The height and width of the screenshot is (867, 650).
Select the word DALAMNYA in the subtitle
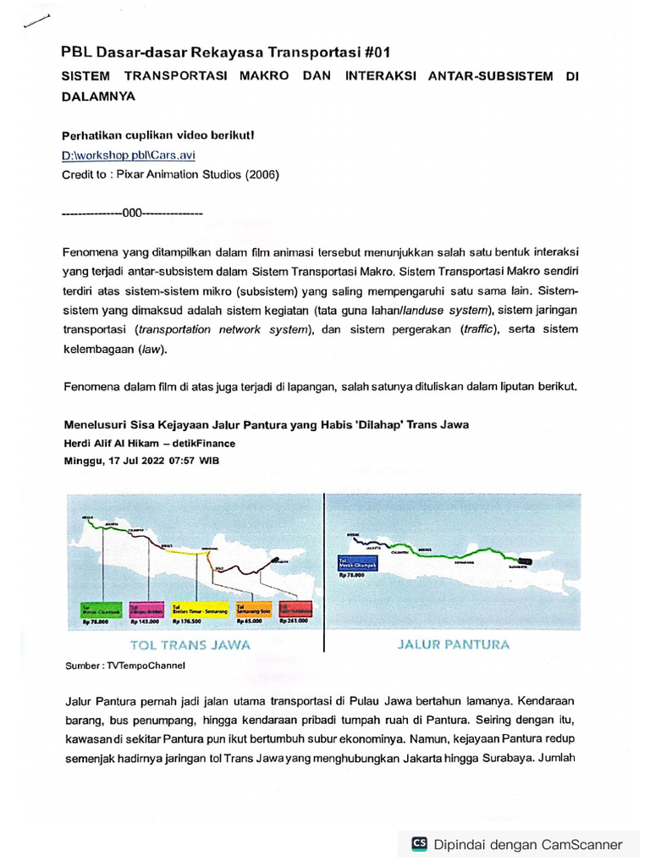pyautogui.click(x=98, y=97)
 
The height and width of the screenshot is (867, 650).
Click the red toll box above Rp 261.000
pyautogui.click(x=295, y=609)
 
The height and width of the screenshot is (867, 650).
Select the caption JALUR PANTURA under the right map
pyautogui.click(x=454, y=644)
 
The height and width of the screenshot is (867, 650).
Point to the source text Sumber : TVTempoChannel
pyautogui.click(x=124, y=666)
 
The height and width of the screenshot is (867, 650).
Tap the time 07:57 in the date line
pyautogui.click(x=179, y=461)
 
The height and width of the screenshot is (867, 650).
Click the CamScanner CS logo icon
pyautogui.click(x=419, y=843)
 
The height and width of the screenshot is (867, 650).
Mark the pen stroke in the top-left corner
pyautogui.click(x=37, y=23)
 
